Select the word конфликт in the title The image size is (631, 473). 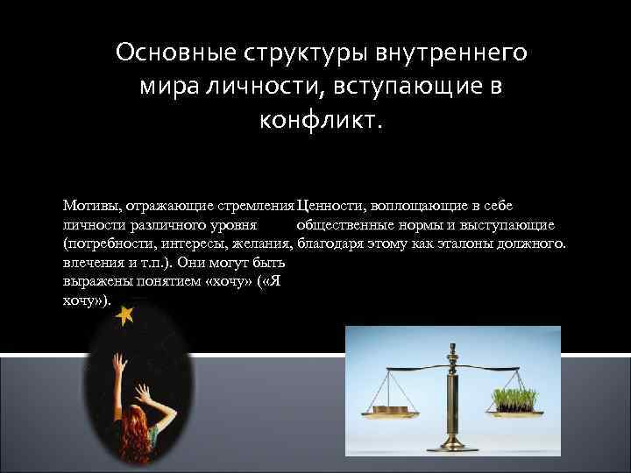click(321, 118)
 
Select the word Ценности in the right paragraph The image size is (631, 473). click(330, 206)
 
